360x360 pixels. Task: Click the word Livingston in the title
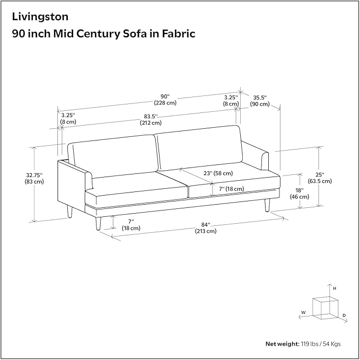pos(40,17)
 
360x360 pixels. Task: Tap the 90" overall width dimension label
pos(165,100)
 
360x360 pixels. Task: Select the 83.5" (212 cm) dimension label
pos(151,120)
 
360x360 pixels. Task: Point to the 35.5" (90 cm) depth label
pos(260,101)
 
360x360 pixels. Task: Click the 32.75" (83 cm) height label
pos(34,178)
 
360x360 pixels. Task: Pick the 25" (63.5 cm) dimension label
pos(320,178)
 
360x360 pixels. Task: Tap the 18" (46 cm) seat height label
pos(300,194)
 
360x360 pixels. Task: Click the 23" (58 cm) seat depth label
pos(218,173)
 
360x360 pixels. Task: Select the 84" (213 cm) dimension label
pos(206,228)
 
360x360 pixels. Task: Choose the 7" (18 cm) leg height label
pos(131,225)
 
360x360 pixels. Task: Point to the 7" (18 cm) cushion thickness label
pos(231,189)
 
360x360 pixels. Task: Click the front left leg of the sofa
pos(98,223)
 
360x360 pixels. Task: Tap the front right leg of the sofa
pos(267,205)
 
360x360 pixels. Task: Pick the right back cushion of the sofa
pos(199,148)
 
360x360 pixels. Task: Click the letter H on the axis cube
pos(335,288)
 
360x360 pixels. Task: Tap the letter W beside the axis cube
pos(303,312)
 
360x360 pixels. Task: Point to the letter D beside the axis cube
pos(344,315)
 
